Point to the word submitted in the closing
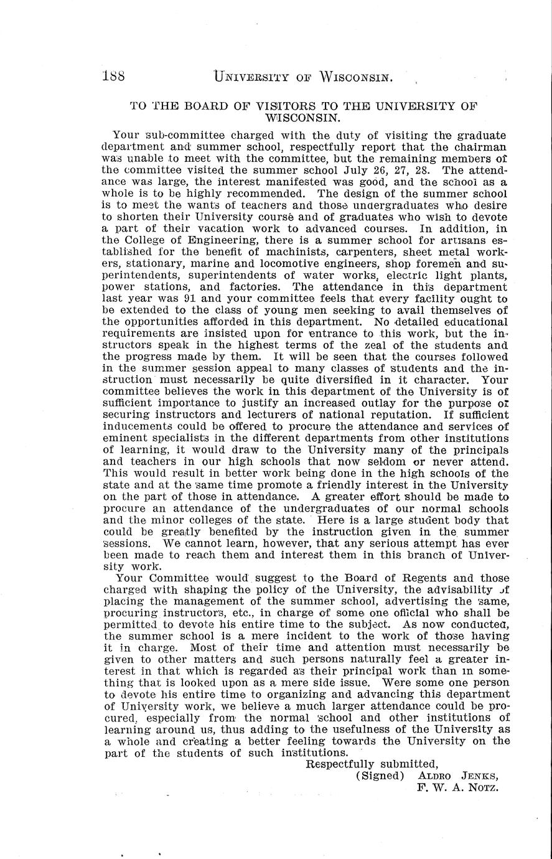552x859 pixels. point(408,764)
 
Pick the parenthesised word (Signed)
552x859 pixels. point(380,776)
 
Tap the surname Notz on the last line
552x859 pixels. point(482,787)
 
